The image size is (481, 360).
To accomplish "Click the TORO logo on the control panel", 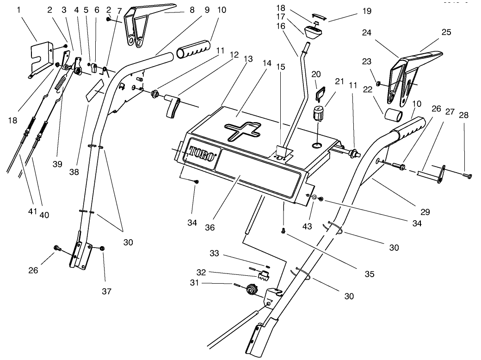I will pyautogui.click(x=202, y=154).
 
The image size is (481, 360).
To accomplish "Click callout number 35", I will pyautogui.click(x=369, y=273).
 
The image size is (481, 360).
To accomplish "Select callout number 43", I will pyautogui.click(x=307, y=226).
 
